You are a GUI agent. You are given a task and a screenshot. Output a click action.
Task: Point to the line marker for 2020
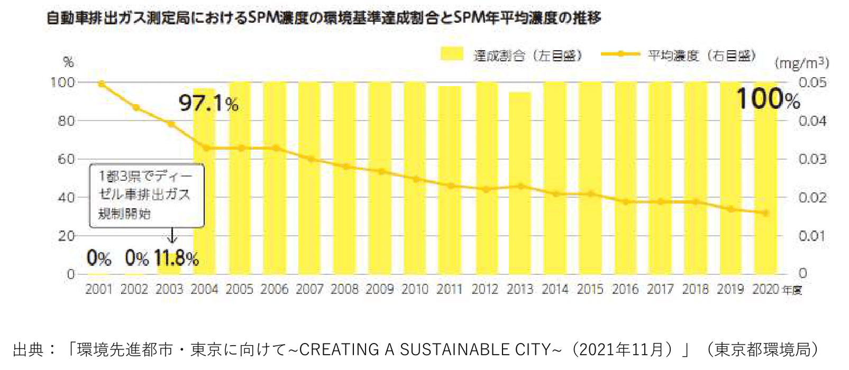[765, 213]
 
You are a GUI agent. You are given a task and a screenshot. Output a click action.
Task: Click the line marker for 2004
[206, 148]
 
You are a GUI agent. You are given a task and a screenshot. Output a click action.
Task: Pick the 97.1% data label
[208, 103]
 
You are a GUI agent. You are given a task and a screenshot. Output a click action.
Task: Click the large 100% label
[768, 99]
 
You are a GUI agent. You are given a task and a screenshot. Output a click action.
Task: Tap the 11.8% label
[176, 258]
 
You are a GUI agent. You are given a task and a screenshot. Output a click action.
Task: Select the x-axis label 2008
[344, 289]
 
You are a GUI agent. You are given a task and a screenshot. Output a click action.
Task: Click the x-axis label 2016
[625, 289]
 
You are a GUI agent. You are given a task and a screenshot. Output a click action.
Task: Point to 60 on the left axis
[66, 159]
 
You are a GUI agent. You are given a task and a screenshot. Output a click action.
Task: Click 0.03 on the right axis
[812, 159]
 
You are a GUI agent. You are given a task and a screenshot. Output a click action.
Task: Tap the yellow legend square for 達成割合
[451, 54]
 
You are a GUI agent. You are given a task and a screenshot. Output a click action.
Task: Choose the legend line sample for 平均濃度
[620, 54]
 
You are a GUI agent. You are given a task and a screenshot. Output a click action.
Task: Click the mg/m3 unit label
[801, 63]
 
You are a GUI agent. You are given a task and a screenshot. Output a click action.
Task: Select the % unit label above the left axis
[68, 62]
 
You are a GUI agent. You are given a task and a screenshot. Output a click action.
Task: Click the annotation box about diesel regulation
[146, 195]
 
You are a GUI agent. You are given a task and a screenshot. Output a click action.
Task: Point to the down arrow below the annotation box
[172, 235]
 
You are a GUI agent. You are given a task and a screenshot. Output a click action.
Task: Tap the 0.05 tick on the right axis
[812, 82]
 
